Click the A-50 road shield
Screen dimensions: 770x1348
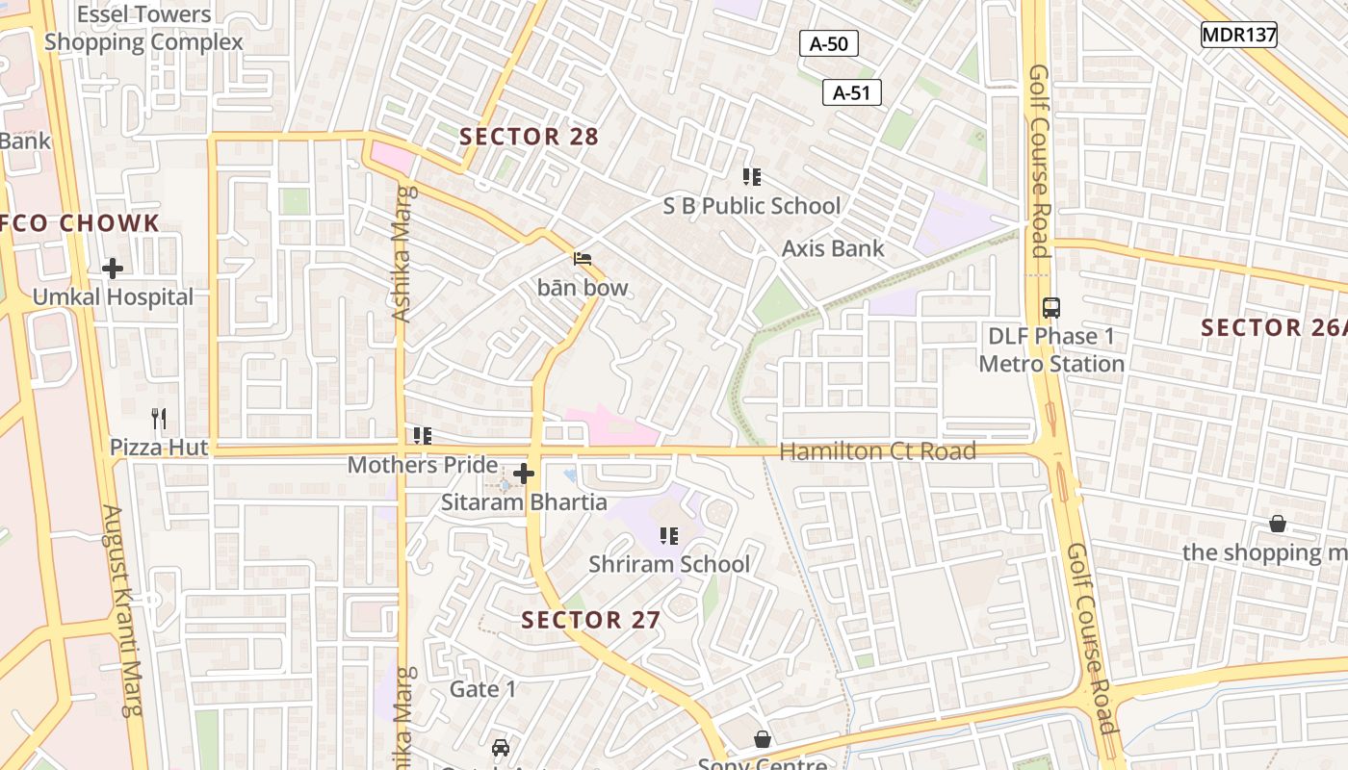pos(828,43)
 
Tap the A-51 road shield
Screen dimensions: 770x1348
pos(852,92)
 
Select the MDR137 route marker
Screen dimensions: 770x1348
pos(1239,36)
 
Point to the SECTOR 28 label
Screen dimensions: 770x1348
pos(529,137)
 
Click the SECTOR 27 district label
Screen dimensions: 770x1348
pos(591,620)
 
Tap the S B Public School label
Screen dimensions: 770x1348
pos(752,206)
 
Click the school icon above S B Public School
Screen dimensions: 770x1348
pos(752,177)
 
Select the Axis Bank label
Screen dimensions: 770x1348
pos(833,248)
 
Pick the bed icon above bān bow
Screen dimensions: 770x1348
pos(583,259)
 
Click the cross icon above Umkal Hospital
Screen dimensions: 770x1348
pos(113,269)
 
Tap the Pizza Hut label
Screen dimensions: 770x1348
pos(159,448)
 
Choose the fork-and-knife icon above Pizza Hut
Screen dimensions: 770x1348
pos(159,419)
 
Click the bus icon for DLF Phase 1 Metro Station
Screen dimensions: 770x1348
pos(1051,309)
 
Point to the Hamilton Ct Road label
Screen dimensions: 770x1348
pos(877,451)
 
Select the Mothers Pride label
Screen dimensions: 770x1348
pos(423,465)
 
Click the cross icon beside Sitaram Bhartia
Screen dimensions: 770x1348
pos(524,474)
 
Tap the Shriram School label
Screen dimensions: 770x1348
pos(669,564)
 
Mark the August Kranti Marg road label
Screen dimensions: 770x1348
pos(124,611)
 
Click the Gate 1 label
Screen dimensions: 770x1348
pos(483,689)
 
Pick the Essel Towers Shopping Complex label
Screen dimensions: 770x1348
pos(143,29)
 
